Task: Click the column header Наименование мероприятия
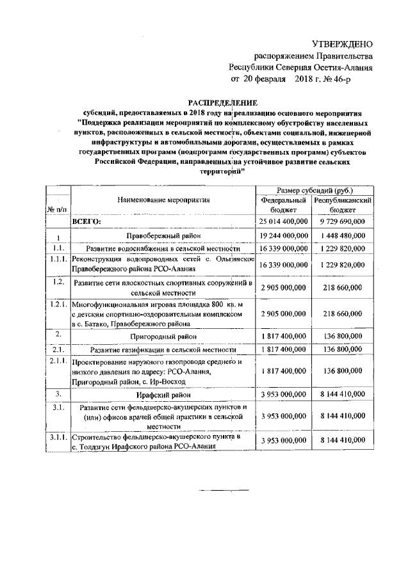(x=163, y=200)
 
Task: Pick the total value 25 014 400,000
(x=283, y=221)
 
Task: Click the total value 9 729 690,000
(x=343, y=221)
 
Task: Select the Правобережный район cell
(x=163, y=236)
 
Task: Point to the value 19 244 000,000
(x=283, y=236)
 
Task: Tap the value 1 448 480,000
(x=343, y=236)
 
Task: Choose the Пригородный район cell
(x=163, y=335)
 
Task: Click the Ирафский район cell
(x=163, y=395)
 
